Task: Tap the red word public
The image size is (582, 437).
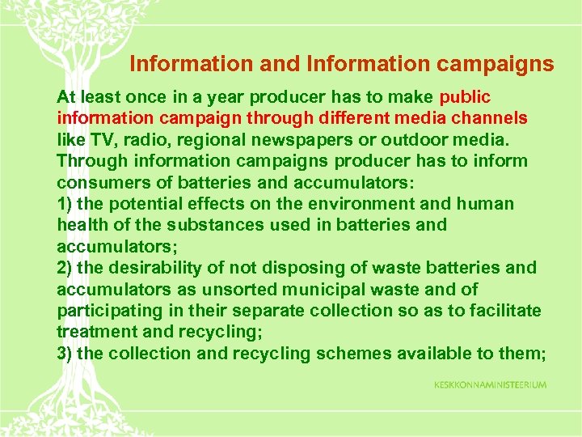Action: pos(464,97)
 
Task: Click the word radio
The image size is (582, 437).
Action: pos(137,139)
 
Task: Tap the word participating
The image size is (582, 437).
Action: pos(108,310)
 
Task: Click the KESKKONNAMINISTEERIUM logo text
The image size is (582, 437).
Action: pos(490,384)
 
